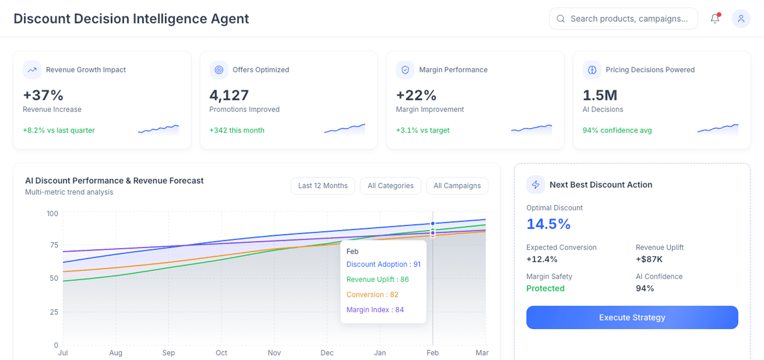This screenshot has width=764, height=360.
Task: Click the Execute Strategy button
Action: click(x=632, y=317)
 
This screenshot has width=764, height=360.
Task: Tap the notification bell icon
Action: click(x=715, y=18)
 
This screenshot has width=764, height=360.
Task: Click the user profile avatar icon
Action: click(x=741, y=18)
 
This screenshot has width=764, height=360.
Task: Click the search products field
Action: click(x=628, y=18)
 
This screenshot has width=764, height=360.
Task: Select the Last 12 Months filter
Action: click(x=323, y=186)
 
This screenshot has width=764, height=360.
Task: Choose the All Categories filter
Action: click(x=390, y=186)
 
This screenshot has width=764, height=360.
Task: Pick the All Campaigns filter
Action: click(x=457, y=186)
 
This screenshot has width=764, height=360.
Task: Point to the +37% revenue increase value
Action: click(x=43, y=95)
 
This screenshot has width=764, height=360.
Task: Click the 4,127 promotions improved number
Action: click(x=229, y=95)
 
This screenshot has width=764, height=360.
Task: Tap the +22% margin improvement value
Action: click(x=416, y=95)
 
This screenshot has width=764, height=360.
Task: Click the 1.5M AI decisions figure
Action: click(x=600, y=95)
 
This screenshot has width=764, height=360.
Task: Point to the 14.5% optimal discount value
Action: click(x=548, y=224)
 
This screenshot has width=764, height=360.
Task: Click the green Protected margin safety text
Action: click(x=545, y=288)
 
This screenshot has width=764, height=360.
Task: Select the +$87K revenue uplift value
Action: click(x=649, y=259)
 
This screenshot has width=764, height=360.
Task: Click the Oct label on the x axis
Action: click(x=221, y=353)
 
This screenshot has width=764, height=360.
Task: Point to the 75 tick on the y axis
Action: click(x=54, y=245)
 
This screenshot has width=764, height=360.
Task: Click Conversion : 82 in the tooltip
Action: click(x=372, y=295)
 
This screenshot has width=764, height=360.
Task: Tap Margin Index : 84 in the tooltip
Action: click(x=375, y=310)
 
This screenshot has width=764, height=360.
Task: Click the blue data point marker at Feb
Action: click(x=433, y=224)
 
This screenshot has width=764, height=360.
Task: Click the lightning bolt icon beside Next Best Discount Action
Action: click(x=536, y=185)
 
